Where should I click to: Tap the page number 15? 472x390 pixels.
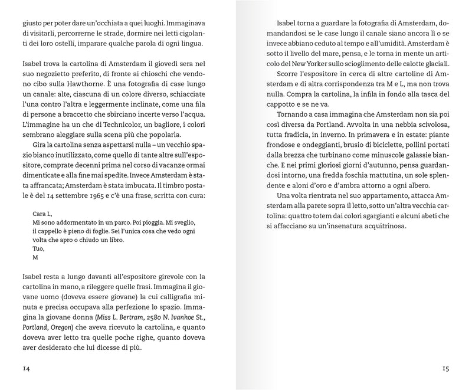point(445,369)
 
